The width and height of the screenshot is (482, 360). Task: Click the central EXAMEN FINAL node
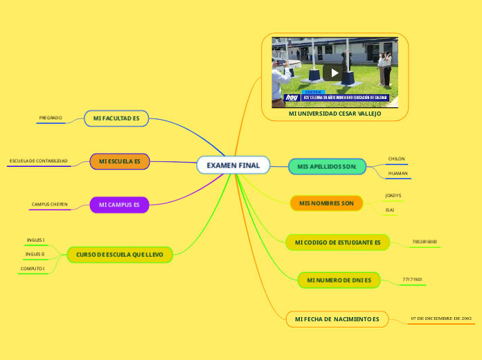click(x=233, y=165)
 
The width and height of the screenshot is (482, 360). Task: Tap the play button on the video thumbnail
click(x=334, y=72)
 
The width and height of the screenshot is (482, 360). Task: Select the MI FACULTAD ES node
click(x=116, y=119)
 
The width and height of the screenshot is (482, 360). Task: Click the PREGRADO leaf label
click(x=51, y=118)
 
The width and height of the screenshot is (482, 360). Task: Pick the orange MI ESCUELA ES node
click(x=120, y=161)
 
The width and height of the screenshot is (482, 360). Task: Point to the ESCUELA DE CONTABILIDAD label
click(x=39, y=161)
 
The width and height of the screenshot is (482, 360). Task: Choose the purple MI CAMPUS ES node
click(x=119, y=205)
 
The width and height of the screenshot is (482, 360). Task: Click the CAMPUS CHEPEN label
click(x=49, y=205)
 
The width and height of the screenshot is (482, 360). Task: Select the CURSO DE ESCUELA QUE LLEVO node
click(x=120, y=255)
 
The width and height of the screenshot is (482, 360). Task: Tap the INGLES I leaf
click(x=36, y=240)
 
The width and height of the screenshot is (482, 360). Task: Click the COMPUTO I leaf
click(x=33, y=268)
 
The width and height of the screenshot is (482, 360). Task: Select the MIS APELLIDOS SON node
click(x=327, y=167)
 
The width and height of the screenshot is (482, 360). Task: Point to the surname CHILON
click(x=397, y=159)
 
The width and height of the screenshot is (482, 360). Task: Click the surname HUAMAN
click(x=398, y=173)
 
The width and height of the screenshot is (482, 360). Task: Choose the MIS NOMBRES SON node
click(x=326, y=203)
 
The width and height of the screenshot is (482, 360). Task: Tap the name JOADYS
click(x=393, y=196)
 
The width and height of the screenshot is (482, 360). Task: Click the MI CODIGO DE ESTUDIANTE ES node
click(x=337, y=242)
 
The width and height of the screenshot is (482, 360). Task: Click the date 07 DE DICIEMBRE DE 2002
click(x=441, y=318)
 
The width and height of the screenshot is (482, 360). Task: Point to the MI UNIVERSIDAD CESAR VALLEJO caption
click(x=334, y=113)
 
